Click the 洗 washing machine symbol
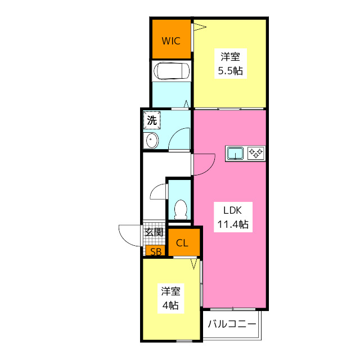click(x=152, y=120)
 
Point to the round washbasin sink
click(x=151, y=141)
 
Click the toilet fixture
click(x=181, y=209)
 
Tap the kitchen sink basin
click(x=235, y=153)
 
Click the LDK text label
click(x=232, y=211)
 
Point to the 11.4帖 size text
click(x=232, y=224)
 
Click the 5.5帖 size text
click(x=230, y=71)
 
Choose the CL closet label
click(x=182, y=243)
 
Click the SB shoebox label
click(x=155, y=251)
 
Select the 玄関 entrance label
click(x=154, y=232)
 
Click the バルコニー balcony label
click(x=232, y=325)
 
